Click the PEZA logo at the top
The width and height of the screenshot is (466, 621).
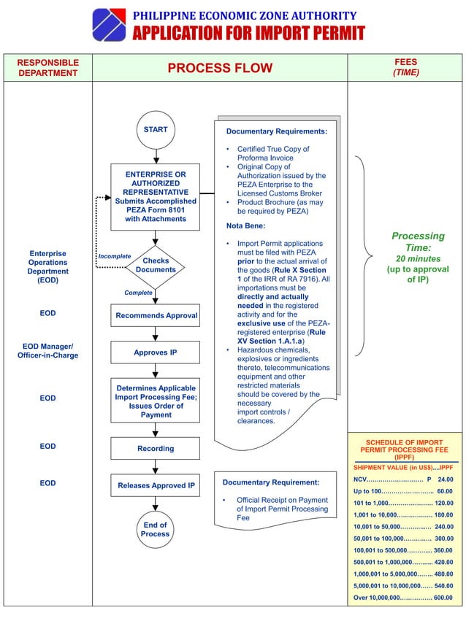109,25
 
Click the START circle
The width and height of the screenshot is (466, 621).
156,130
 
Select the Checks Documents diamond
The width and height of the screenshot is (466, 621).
156,265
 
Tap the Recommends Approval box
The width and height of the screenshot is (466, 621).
156,316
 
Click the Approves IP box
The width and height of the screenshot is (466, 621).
156,352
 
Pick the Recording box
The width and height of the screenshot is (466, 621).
156,448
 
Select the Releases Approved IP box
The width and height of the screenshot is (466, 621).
156,485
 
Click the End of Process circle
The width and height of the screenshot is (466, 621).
156,530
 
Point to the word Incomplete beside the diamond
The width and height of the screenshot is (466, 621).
114,256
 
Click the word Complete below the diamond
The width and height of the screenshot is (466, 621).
138,293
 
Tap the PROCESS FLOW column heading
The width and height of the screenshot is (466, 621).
220,69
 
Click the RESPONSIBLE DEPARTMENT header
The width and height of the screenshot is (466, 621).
47,68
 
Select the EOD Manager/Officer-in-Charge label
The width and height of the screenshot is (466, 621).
47,350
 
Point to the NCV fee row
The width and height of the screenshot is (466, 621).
403,479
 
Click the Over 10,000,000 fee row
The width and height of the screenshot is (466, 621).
403,598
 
